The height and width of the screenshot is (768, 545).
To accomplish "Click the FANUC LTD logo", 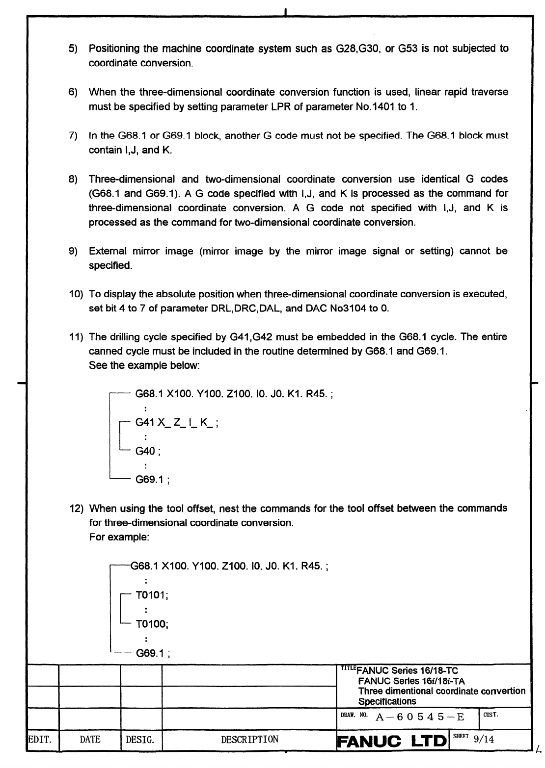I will [392, 740].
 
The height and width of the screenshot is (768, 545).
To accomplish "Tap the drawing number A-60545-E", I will [419, 717].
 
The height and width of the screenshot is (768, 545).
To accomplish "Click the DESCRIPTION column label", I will [249, 740].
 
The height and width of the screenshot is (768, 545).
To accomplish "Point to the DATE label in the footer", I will [90, 740].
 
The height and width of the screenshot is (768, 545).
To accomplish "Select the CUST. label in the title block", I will [490, 715].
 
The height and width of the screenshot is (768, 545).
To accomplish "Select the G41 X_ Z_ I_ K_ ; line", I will [177, 422].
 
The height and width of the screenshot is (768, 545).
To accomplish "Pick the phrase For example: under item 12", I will [119, 537].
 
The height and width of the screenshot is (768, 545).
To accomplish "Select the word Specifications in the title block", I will [387, 701].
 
